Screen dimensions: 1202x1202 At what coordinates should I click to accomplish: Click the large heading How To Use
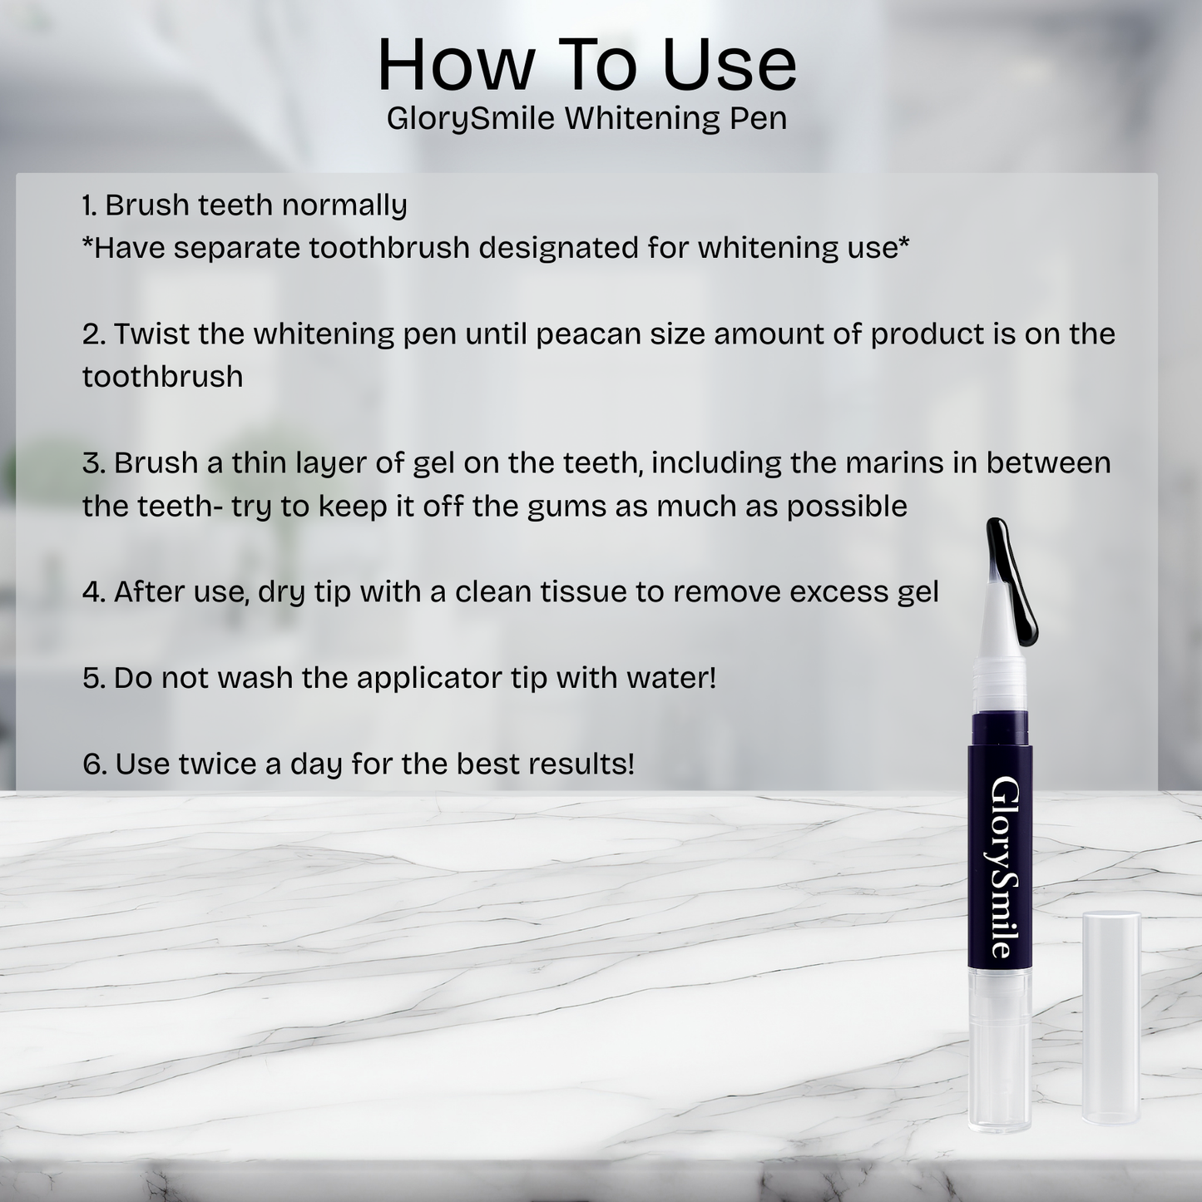(x=587, y=65)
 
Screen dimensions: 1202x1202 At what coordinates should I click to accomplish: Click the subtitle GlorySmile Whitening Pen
(x=587, y=118)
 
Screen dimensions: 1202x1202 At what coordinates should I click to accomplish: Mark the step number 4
(x=93, y=591)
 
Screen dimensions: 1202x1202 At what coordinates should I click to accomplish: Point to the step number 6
(x=94, y=764)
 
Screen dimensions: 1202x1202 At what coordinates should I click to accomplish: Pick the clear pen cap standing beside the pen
(x=1110, y=1019)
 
